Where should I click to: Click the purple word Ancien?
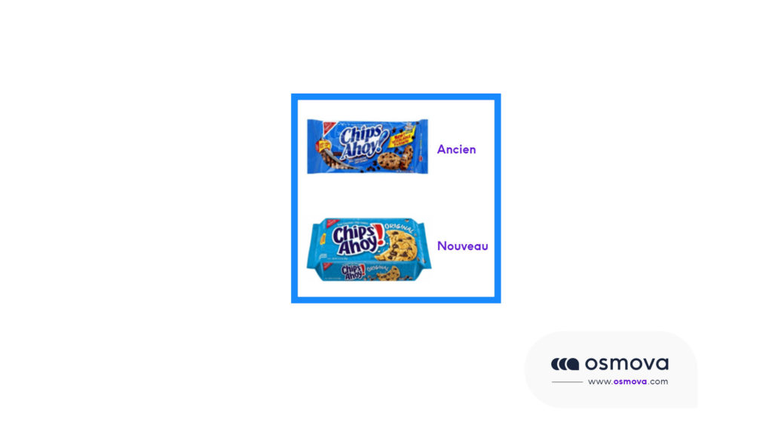[456, 150]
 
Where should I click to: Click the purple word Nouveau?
[462, 246]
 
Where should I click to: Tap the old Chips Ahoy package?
[367, 146]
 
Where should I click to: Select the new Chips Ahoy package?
[369, 249]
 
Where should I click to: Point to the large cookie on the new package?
[400, 245]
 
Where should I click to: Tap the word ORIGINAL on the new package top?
[400, 227]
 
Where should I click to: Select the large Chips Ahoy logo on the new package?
[354, 240]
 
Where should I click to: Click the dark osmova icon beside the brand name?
[565, 364]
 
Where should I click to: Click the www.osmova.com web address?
[627, 381]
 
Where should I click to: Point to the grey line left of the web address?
[567, 382]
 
